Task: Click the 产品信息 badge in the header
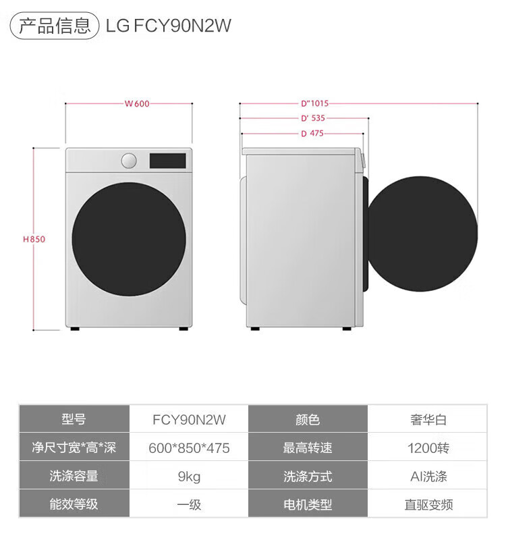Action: click(x=54, y=26)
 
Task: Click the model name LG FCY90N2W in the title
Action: click(x=169, y=26)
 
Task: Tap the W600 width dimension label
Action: click(x=137, y=104)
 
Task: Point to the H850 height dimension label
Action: click(x=34, y=239)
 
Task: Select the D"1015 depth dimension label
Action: click(x=314, y=104)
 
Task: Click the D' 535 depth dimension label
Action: click(x=314, y=118)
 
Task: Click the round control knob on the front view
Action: click(x=129, y=161)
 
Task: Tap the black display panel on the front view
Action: click(x=167, y=161)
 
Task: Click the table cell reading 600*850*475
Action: click(x=190, y=448)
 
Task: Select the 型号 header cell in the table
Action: click(x=74, y=419)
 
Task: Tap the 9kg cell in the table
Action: click(x=190, y=477)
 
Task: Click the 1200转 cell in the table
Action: click(x=428, y=448)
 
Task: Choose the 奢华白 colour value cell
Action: click(x=428, y=419)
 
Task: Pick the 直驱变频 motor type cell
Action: click(x=428, y=505)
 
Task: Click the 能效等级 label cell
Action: click(x=74, y=505)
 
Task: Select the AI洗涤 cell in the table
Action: click(x=428, y=477)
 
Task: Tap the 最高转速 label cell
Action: click(x=308, y=448)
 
